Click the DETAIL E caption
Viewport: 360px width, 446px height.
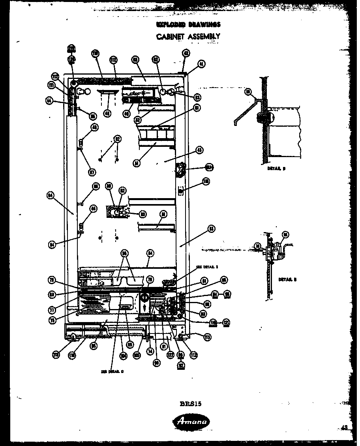[x=286, y=279]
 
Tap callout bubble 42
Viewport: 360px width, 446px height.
[x=186, y=53]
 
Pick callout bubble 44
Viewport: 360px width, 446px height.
[x=50, y=101]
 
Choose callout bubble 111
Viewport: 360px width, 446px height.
[x=52, y=85]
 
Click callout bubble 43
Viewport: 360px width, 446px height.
[x=199, y=150]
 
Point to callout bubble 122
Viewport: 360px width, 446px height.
[x=170, y=354]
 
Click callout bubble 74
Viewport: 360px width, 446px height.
[x=150, y=350]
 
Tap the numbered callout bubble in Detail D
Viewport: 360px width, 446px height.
[x=248, y=92]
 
